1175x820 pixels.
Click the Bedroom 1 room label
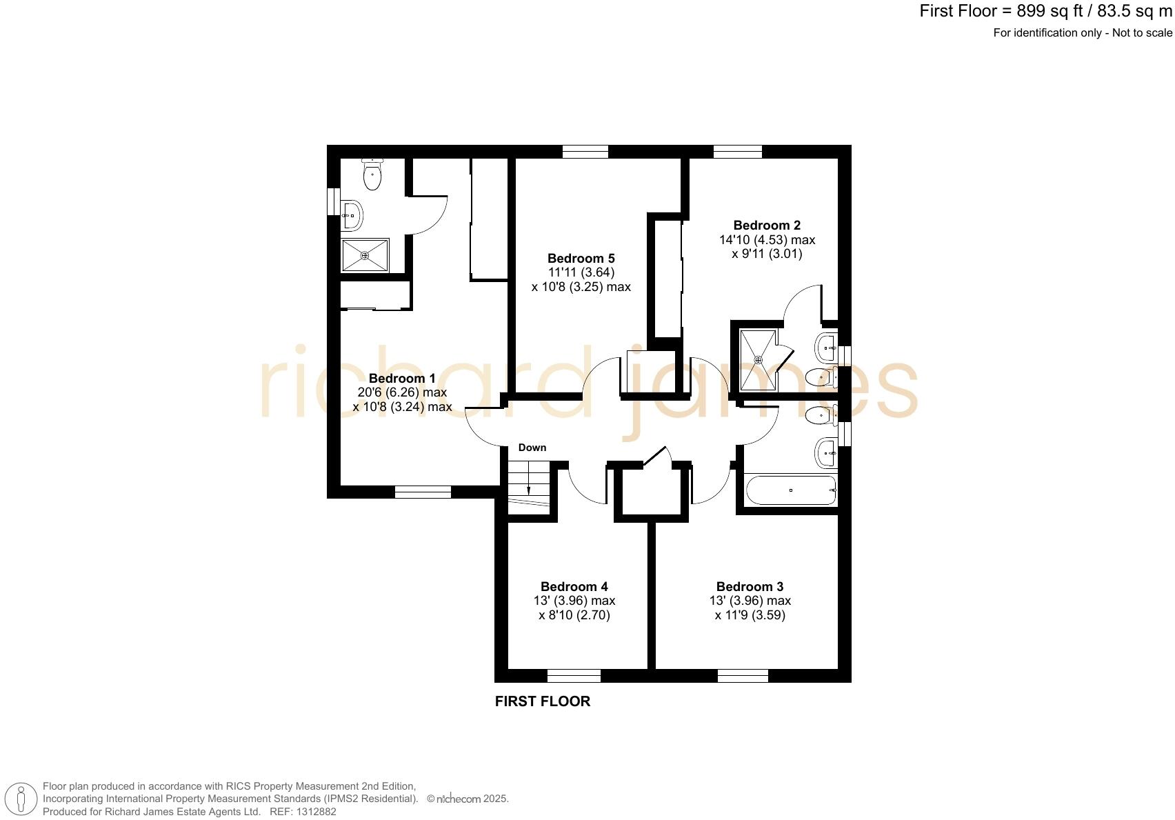(x=402, y=379)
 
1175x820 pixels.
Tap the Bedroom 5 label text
(x=581, y=259)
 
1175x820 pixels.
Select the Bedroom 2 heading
(x=767, y=226)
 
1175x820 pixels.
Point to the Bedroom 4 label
(x=574, y=587)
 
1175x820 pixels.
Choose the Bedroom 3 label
(x=750, y=587)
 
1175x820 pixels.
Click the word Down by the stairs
(x=532, y=448)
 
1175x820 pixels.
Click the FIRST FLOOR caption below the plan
(x=543, y=701)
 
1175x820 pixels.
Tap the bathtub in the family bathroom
(x=791, y=490)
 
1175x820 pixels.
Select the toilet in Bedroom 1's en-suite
(x=372, y=174)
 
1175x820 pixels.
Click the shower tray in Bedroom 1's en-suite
(x=365, y=255)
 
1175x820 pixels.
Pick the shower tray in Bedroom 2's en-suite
(x=758, y=359)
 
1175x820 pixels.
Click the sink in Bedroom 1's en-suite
(x=352, y=215)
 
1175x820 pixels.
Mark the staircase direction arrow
(x=529, y=480)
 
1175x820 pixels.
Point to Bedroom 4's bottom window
(x=574, y=675)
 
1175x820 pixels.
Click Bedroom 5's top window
(x=585, y=152)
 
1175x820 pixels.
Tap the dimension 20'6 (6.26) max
(x=402, y=392)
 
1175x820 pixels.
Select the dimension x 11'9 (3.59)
(x=750, y=615)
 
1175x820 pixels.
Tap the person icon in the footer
(x=21, y=800)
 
